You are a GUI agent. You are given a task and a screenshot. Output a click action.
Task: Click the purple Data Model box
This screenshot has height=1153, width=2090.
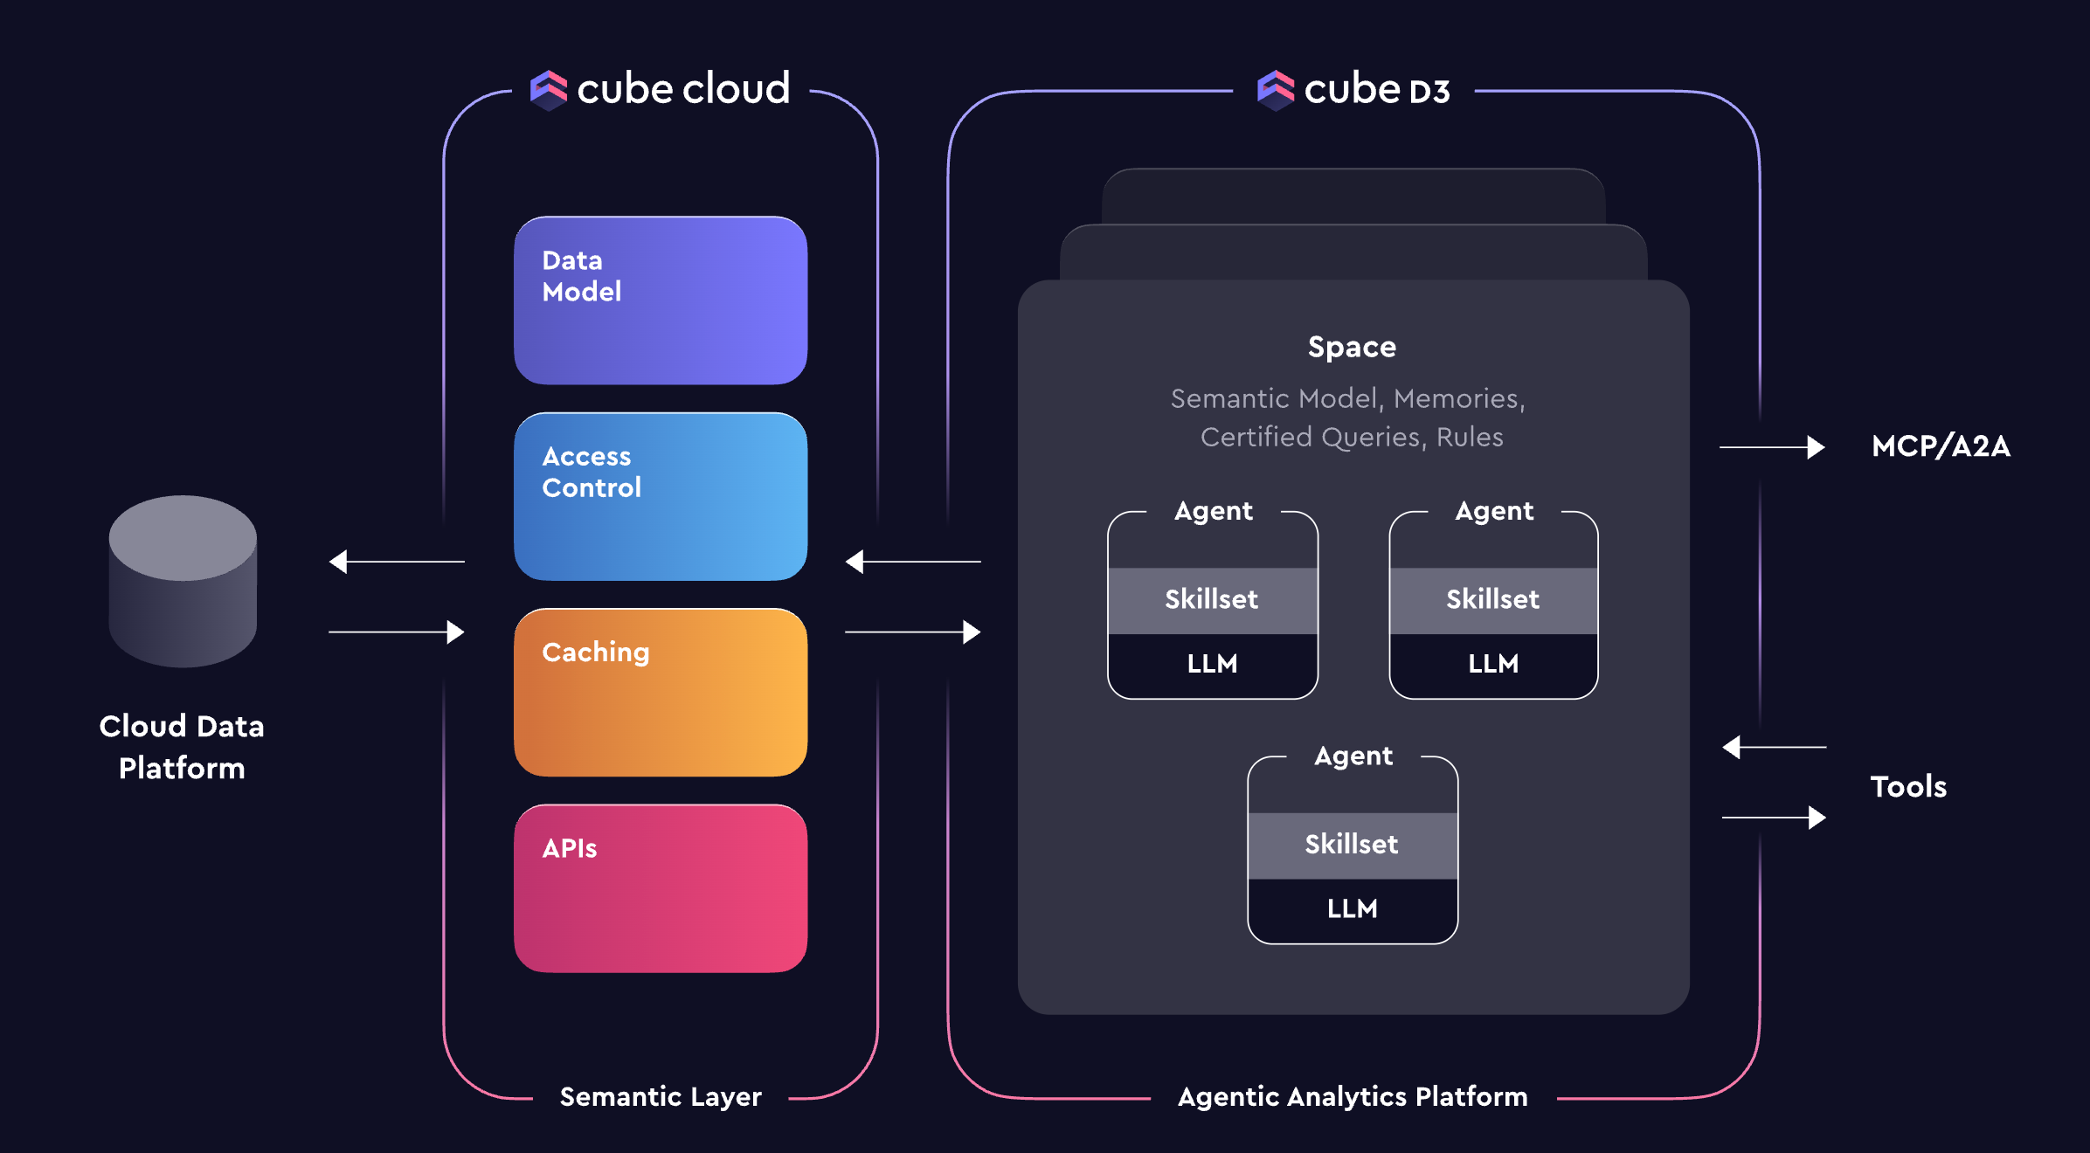[x=660, y=300]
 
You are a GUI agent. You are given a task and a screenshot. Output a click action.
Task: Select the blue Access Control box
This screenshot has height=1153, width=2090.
[x=660, y=496]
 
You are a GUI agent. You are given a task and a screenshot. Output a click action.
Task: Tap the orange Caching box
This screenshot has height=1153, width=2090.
[x=660, y=692]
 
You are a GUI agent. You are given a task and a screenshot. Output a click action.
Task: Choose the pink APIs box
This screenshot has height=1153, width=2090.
[x=660, y=887]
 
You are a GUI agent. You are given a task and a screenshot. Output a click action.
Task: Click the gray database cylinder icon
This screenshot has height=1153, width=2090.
[x=183, y=581]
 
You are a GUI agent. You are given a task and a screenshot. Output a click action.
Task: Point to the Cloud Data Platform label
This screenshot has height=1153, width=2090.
[x=182, y=747]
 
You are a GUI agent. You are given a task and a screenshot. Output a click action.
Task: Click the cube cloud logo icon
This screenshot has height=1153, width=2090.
[x=549, y=90]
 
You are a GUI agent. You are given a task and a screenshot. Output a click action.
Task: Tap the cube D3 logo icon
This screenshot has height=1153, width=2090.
[x=1275, y=90]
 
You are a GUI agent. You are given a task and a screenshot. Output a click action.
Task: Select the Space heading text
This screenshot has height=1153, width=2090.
[x=1352, y=347]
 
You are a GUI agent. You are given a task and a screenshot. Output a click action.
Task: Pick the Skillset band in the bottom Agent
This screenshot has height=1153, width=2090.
[x=1352, y=845]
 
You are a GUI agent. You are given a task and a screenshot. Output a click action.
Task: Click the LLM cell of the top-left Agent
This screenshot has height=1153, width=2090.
[x=1212, y=664]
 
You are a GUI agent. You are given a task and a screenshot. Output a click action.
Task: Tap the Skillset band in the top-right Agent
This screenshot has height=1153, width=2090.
[x=1492, y=599]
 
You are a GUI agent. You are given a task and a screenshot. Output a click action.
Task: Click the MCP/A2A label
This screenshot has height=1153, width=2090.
[x=1941, y=446]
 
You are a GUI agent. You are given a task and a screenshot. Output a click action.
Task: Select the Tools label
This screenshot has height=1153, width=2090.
[x=1908, y=787]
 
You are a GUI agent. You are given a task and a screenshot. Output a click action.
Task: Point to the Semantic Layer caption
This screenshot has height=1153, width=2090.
[x=661, y=1096]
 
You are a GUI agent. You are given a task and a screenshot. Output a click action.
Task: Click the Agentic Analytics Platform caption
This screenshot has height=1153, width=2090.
[x=1353, y=1096]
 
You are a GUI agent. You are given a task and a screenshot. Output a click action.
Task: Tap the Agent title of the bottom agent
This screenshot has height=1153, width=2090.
[x=1353, y=756]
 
